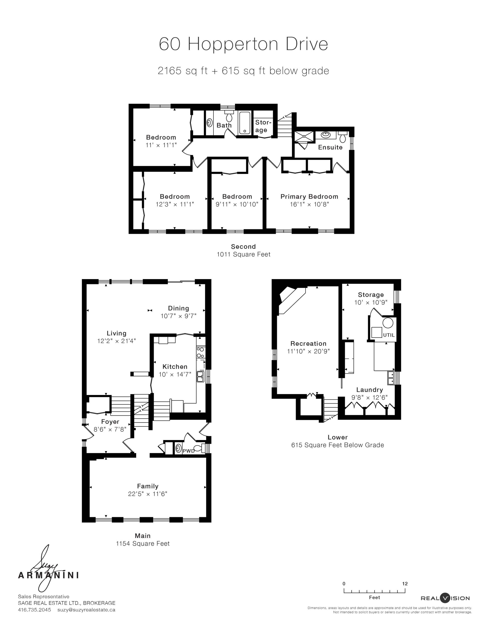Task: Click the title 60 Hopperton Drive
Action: (x=243, y=44)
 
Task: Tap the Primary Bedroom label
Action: (x=309, y=196)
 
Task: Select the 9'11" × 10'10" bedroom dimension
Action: (x=237, y=204)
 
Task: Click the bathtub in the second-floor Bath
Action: (x=245, y=123)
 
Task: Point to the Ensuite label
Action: (x=330, y=147)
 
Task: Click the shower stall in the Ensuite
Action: (x=304, y=137)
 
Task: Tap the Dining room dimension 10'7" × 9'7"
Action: (x=179, y=316)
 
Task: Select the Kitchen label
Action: (x=175, y=367)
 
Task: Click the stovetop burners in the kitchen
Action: (x=200, y=352)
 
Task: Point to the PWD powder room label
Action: (x=189, y=451)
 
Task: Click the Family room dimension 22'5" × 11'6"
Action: (x=147, y=494)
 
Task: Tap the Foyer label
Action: (x=110, y=422)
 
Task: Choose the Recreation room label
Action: (x=308, y=344)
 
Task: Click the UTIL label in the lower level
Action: (x=389, y=335)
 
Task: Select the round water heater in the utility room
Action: (x=388, y=322)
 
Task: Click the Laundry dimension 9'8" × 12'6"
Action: (x=369, y=397)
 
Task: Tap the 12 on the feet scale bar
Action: (x=405, y=584)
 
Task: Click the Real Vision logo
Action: (x=445, y=598)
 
